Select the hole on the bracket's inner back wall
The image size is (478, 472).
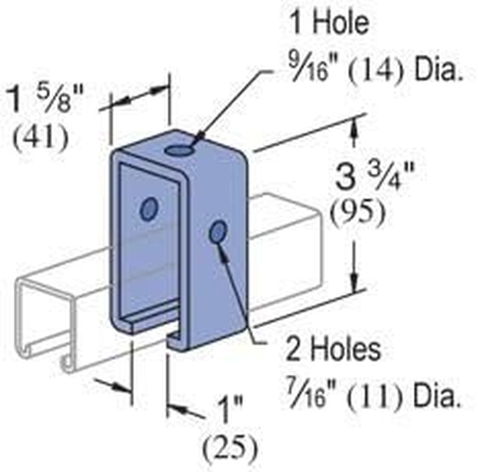(149, 209)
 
